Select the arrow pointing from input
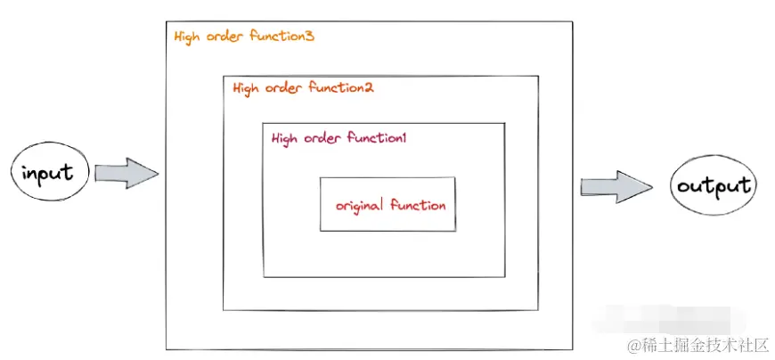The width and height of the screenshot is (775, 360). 126,173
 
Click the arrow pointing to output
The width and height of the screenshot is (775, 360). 616,187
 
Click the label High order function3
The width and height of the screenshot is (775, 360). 244,37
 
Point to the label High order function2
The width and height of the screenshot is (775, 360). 303,88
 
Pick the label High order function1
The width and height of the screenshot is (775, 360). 339,138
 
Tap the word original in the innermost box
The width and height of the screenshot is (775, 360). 359,205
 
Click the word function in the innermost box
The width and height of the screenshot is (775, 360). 418,204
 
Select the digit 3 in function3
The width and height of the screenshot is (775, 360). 309,36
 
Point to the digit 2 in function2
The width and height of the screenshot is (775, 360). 369,87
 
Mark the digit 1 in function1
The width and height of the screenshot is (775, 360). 404,137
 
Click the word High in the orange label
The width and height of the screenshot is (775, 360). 187,37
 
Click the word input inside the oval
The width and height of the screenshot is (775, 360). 48,173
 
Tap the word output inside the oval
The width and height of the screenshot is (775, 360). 714,187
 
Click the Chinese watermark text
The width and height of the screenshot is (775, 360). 699,344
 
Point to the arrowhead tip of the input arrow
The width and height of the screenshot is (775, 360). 159,174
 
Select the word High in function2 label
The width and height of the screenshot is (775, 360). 246,89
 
